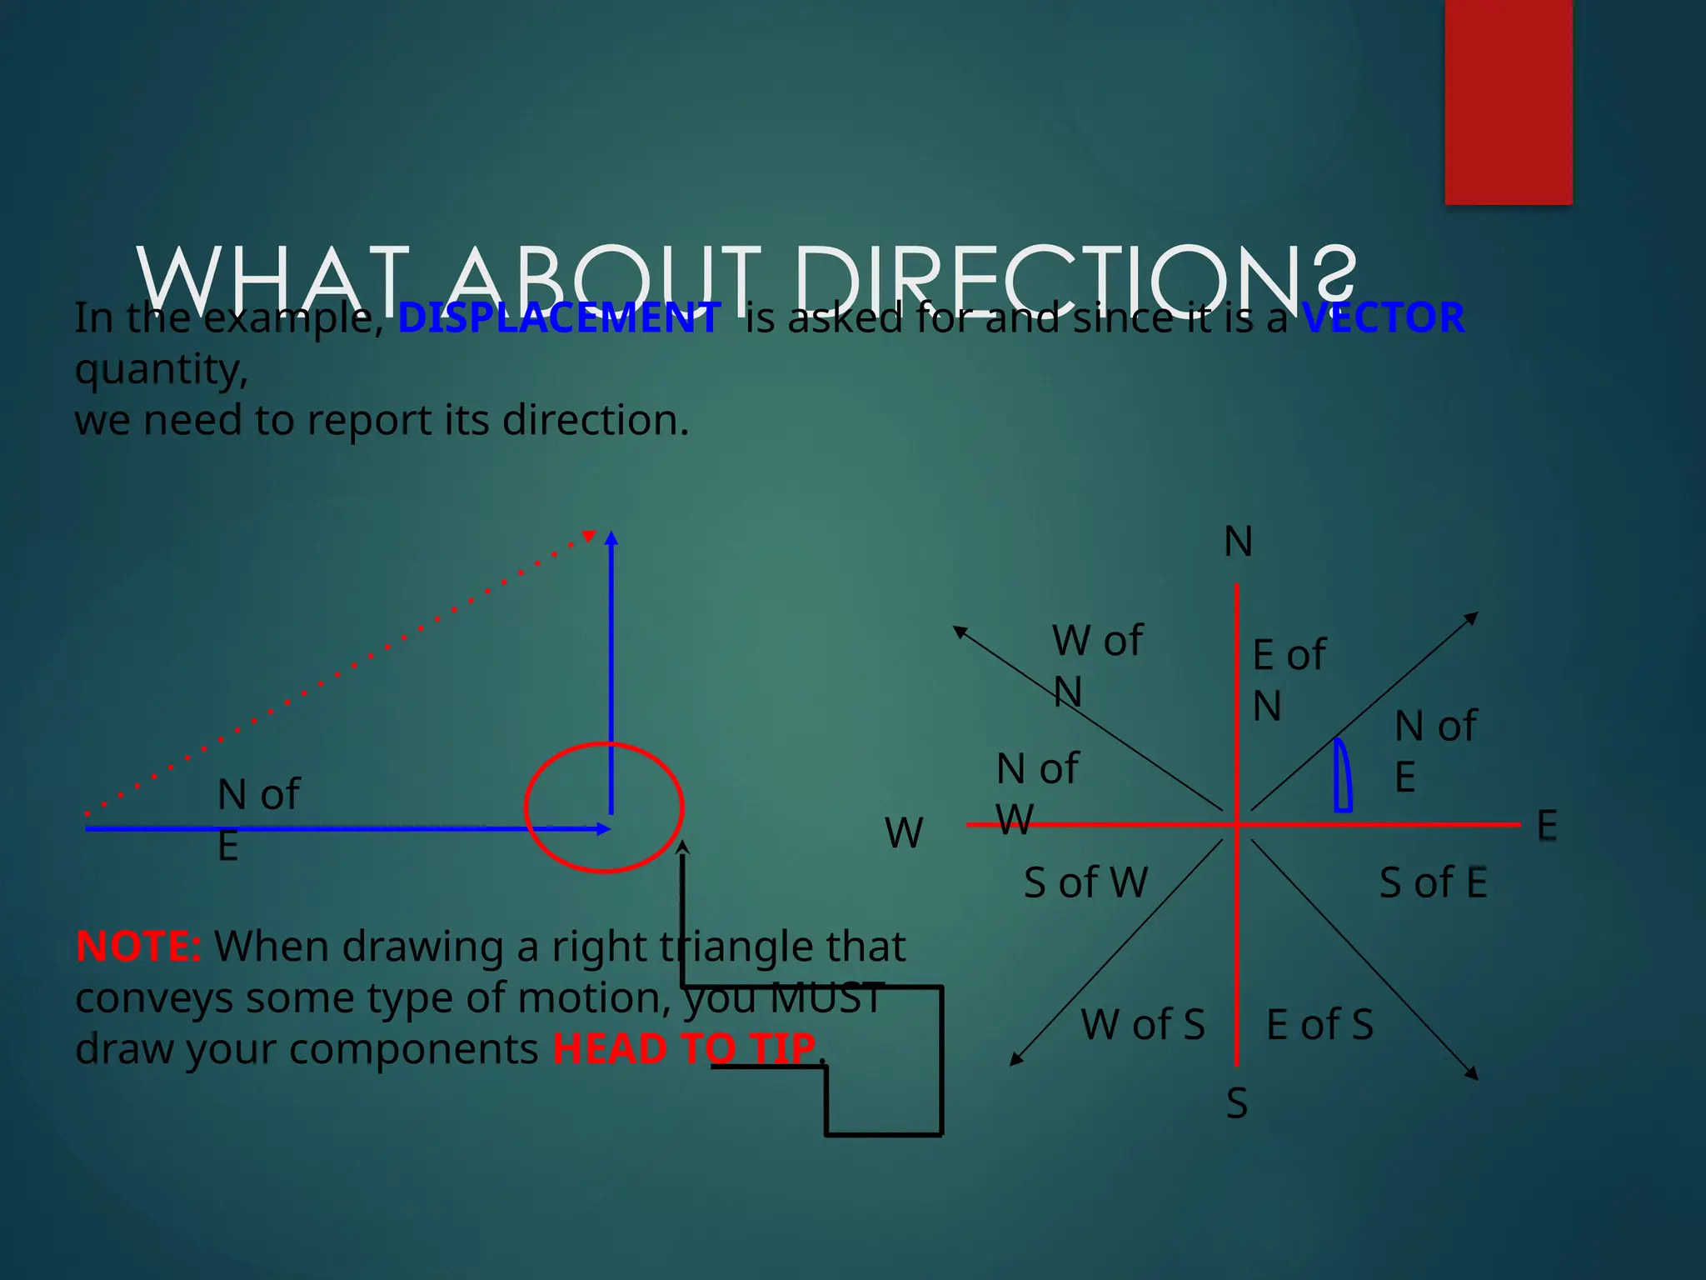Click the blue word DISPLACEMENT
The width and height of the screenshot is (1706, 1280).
click(559, 317)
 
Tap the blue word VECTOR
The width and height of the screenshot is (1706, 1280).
click(1383, 317)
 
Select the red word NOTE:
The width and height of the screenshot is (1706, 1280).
click(138, 947)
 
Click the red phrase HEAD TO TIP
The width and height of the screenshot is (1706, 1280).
click(684, 1048)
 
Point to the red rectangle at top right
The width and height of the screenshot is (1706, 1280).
click(1508, 102)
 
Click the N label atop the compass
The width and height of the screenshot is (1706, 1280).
click(1238, 542)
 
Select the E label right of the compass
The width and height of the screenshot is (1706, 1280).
click(1546, 826)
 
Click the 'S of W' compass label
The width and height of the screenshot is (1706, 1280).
click(1085, 882)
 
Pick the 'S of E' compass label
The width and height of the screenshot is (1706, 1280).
click(1433, 882)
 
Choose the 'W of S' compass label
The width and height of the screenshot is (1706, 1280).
click(1143, 1024)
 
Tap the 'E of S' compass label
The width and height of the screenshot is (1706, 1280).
click(1319, 1024)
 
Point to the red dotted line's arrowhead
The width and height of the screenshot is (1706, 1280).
click(589, 536)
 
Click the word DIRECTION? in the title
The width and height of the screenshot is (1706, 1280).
click(1075, 277)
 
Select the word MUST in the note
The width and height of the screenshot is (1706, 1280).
click(826, 997)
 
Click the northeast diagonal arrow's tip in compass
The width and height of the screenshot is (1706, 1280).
click(1474, 615)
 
